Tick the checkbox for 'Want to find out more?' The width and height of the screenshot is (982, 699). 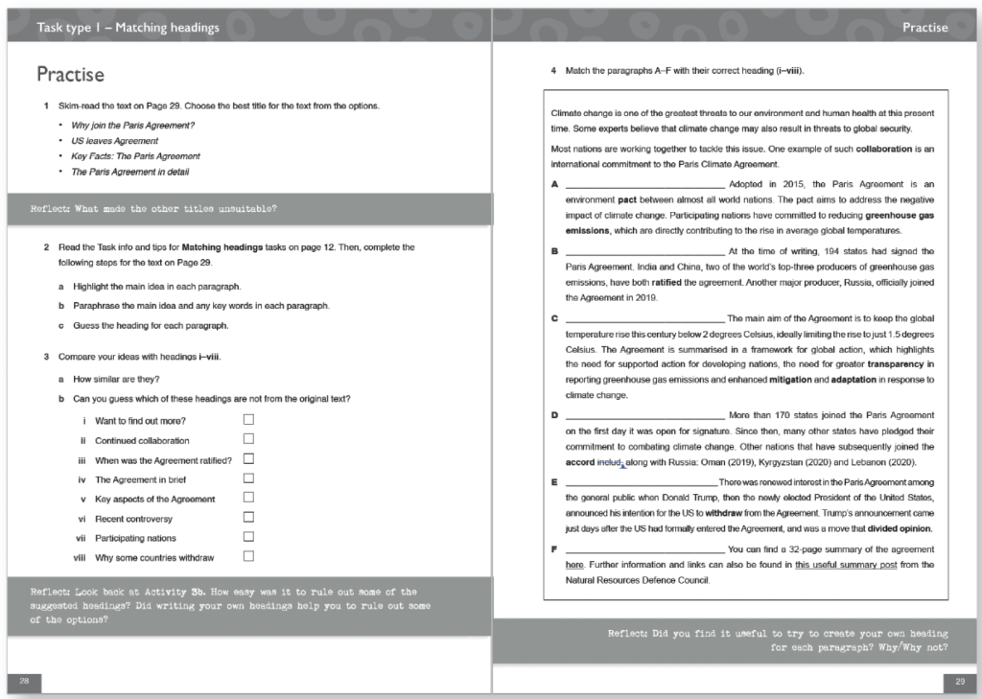coord(248,419)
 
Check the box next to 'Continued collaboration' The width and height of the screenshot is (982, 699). coord(248,438)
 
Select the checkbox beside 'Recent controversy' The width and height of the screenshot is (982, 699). coord(248,517)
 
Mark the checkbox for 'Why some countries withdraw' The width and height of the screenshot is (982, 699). coord(248,556)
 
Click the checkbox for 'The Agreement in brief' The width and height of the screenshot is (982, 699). coord(248,478)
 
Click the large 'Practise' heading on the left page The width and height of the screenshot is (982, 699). coord(70,75)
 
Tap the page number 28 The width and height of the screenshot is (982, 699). coord(24,681)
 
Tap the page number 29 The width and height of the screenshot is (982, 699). coord(957,681)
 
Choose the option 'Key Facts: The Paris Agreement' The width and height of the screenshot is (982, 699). coord(135,156)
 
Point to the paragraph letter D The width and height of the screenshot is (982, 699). coord(555,415)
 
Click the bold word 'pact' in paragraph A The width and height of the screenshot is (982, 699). coord(627,199)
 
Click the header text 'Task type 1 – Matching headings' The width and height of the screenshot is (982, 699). coord(128,28)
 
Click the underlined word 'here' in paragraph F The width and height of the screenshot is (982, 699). coord(574,565)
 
